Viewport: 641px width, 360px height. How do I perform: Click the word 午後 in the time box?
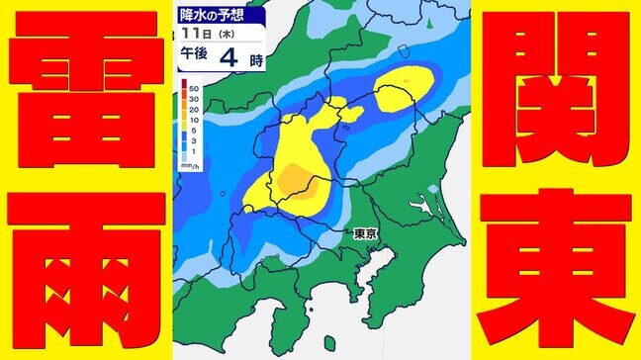pyautogui.click(x=193, y=57)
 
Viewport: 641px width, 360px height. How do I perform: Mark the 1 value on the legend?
pyautogui.click(x=196, y=150)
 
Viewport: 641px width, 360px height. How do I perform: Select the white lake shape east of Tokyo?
pyautogui.click(x=427, y=207)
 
